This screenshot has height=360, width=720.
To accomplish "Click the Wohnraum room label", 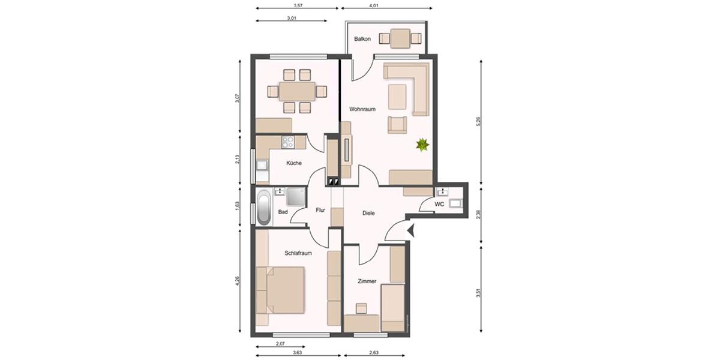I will point(362,109).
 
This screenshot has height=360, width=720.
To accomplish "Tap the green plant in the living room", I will point(423,144).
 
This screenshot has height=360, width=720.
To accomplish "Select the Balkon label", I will point(362,39).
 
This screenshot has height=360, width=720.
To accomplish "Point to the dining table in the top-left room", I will point(297,91).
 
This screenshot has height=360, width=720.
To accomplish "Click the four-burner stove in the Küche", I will point(288,143).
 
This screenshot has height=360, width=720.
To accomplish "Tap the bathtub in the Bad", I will point(263,208).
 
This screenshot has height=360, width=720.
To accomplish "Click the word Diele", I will point(369,213).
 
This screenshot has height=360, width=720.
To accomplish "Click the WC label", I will point(439,205).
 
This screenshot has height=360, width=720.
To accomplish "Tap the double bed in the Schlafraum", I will point(284,290).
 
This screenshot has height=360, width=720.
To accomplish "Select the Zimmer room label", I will point(367,280).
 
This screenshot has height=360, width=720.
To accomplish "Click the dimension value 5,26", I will point(478,122).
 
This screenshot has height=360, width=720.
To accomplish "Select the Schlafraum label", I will point(298,253).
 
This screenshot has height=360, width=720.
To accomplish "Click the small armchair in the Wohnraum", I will point(397,124).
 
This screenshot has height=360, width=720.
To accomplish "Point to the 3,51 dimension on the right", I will point(478,293).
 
